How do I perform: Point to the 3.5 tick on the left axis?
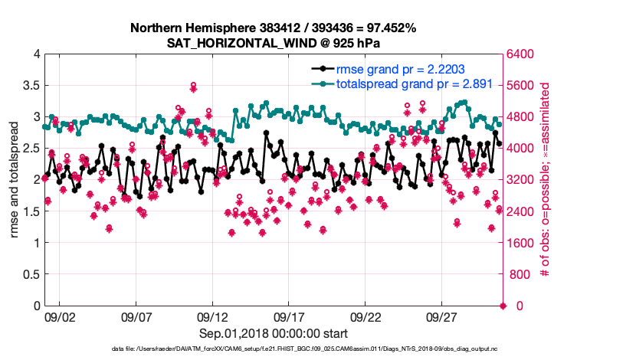tap(31, 85)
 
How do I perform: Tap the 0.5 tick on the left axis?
tap(31, 274)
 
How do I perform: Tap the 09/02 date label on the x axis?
tap(60, 316)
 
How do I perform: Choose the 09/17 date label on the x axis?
tap(290, 316)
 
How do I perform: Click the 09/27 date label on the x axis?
tap(442, 316)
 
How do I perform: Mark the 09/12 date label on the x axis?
tap(213, 316)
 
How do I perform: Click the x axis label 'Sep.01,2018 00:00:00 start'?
tap(274, 333)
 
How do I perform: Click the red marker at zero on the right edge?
tap(503, 306)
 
